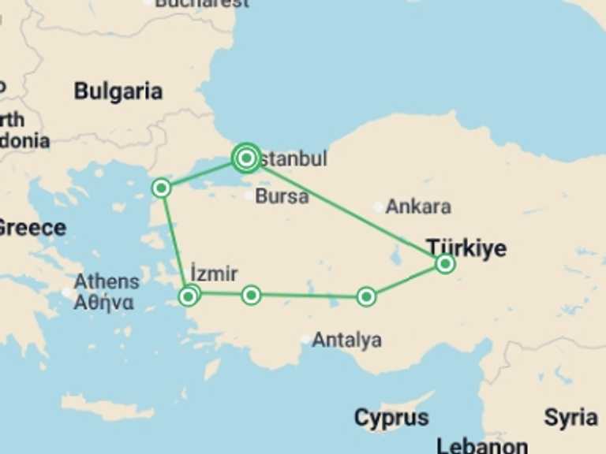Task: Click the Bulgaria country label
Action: pos(118,91)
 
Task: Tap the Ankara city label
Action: pos(419,207)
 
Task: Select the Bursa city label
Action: pos(282,196)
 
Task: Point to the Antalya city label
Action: pos(347,340)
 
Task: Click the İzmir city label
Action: pos(214,274)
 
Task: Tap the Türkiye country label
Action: pos(467,247)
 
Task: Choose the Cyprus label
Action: pos(391,417)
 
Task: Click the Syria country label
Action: pos(570,417)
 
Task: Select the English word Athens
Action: pos(107,281)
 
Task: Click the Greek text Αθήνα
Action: pos(103,302)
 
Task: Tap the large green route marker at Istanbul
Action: pos(246,158)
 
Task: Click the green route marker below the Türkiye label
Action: pos(445,264)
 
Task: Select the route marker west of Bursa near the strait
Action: pos(161,188)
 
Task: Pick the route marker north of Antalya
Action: pos(366,296)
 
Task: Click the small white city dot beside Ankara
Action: pos(380,207)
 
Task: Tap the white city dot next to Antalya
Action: pos(305,340)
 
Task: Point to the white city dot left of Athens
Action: pos(67,292)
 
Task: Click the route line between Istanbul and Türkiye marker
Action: pos(347,212)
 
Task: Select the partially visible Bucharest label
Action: pos(202,3)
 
